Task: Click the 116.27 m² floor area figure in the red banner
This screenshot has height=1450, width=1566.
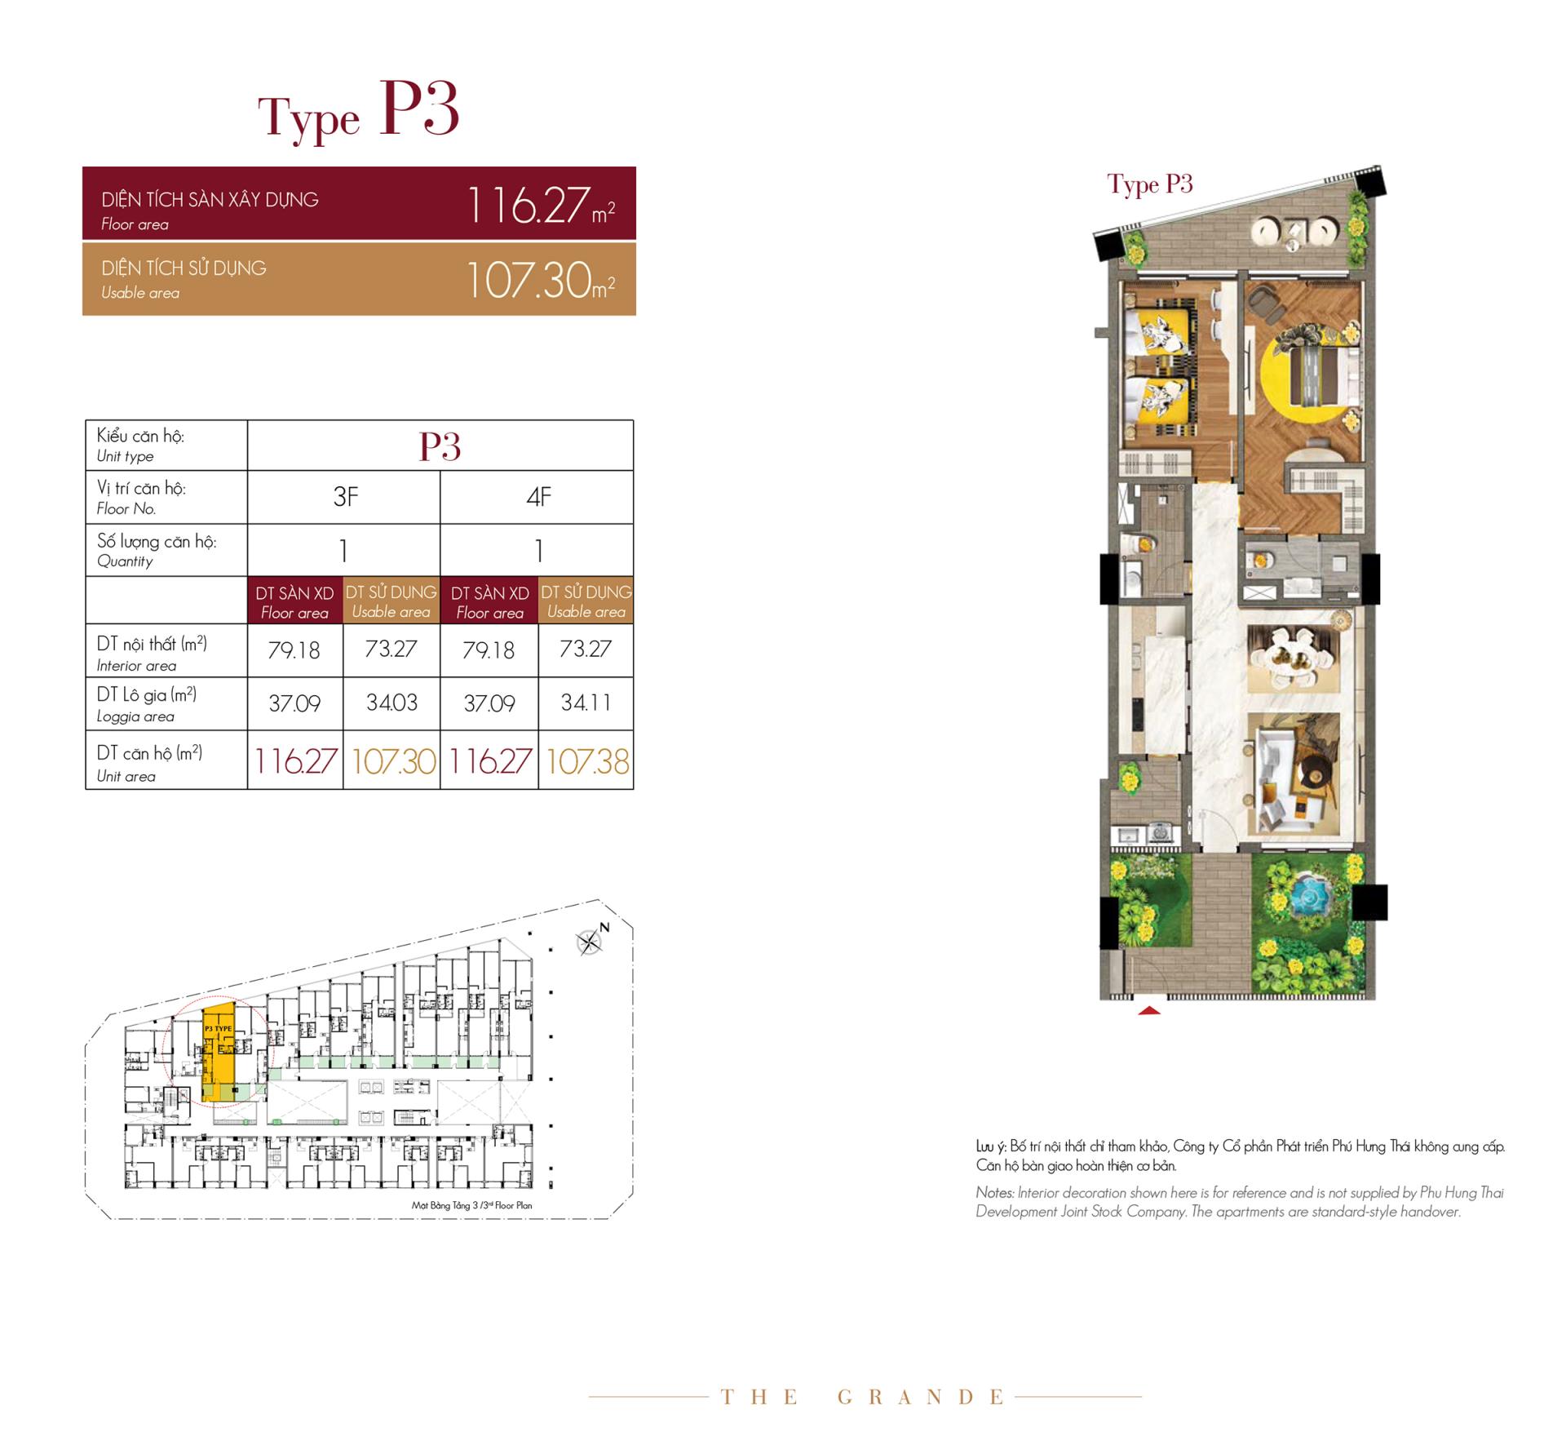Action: [540, 205]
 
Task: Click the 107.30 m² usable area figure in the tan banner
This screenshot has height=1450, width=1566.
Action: [540, 280]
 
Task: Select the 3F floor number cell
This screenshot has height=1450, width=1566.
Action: [344, 497]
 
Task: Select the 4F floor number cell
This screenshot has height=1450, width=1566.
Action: [537, 497]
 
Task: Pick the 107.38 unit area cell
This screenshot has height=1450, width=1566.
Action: [586, 761]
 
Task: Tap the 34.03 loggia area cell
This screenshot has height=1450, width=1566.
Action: [391, 703]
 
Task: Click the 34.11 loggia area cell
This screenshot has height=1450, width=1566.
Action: [586, 703]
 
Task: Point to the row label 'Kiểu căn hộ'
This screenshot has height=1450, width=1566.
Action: [140, 436]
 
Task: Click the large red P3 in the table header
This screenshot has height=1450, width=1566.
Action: [440, 446]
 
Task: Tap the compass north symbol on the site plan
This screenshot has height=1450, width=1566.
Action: [591, 942]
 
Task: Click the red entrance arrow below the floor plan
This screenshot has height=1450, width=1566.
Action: [1148, 1010]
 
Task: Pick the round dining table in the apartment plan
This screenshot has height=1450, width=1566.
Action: [1292, 654]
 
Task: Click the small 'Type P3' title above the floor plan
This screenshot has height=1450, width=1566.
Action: [1150, 185]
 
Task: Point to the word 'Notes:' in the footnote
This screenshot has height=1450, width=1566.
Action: [995, 1192]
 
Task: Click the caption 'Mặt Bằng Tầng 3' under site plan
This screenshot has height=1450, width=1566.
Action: [441, 1205]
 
